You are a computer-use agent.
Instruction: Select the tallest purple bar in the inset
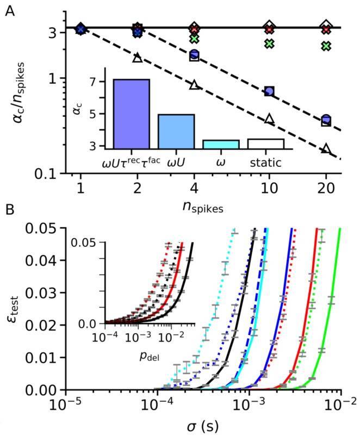[x=131, y=114]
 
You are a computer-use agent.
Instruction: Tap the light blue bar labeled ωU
[x=176, y=131]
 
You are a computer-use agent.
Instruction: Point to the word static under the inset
[x=265, y=161]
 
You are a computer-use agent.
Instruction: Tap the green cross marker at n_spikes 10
[x=269, y=43]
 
